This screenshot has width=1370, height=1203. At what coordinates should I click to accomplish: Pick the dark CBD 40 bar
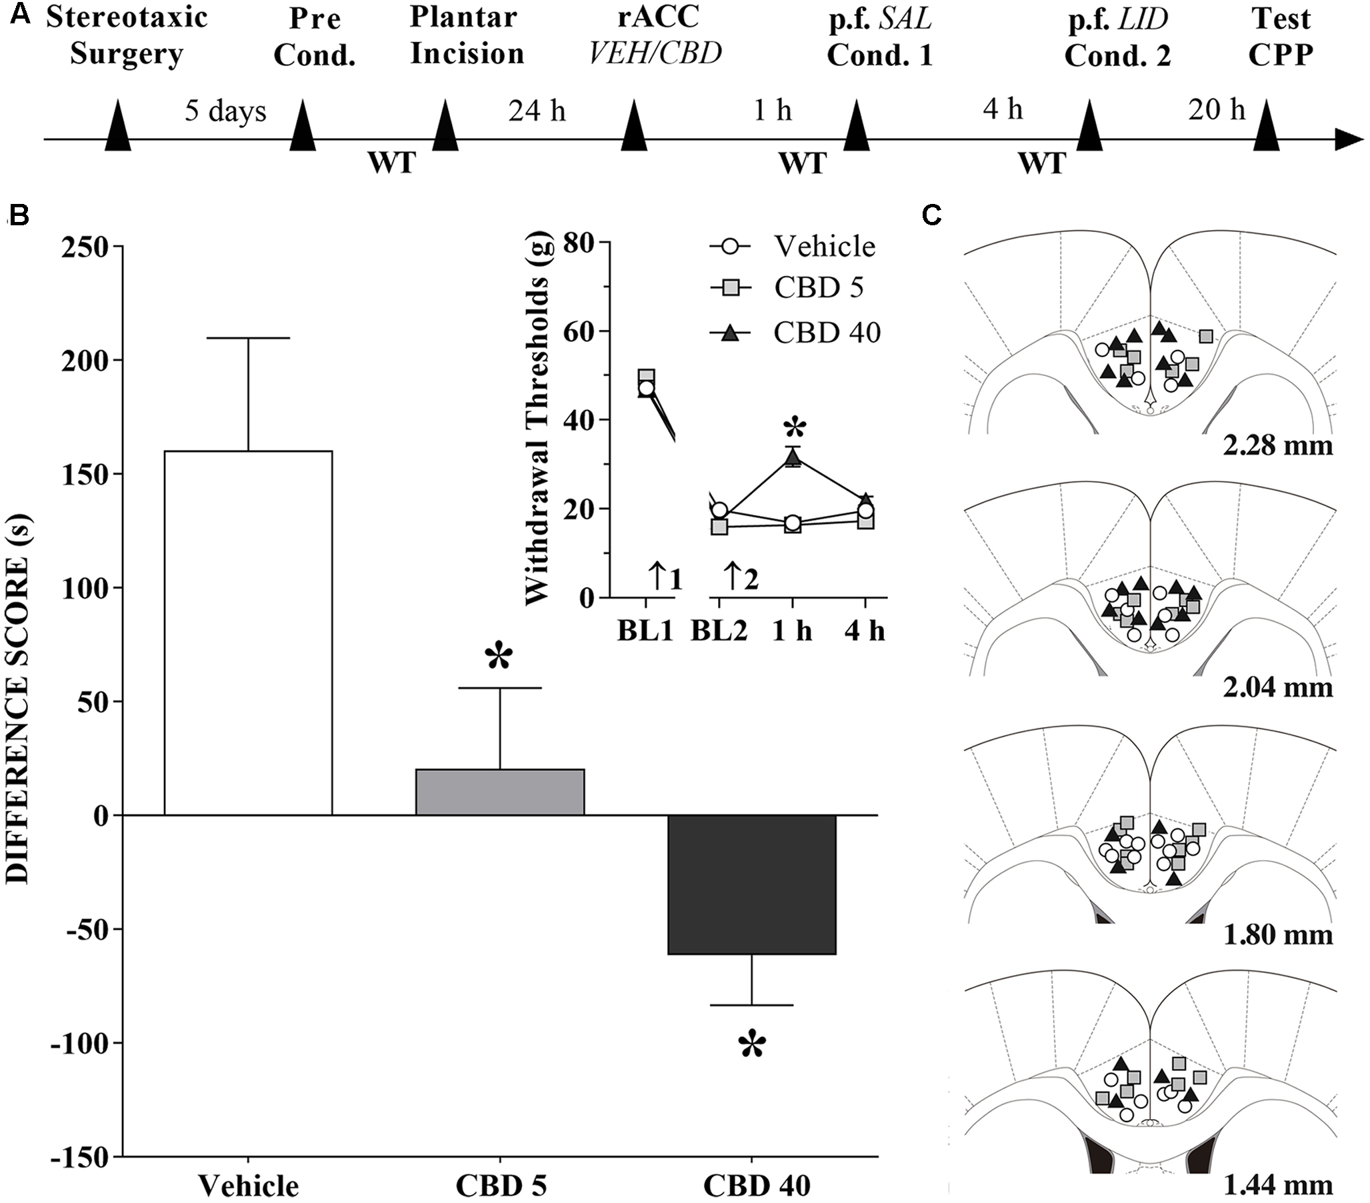coord(751,884)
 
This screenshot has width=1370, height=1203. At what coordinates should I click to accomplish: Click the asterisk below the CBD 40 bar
coord(751,1046)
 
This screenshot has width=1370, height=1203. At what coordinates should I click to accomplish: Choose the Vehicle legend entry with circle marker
coord(794,247)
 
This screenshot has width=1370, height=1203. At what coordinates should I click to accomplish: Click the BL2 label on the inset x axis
coord(719,631)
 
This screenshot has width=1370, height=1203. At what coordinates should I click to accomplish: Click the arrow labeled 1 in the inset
coord(663,577)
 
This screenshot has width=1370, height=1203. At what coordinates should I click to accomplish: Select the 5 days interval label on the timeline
coord(225,111)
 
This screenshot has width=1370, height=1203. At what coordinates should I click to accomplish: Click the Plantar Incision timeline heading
coord(467,35)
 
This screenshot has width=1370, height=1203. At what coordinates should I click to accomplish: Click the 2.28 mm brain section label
coord(1277,445)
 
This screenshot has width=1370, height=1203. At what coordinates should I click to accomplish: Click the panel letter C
coord(931,216)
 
